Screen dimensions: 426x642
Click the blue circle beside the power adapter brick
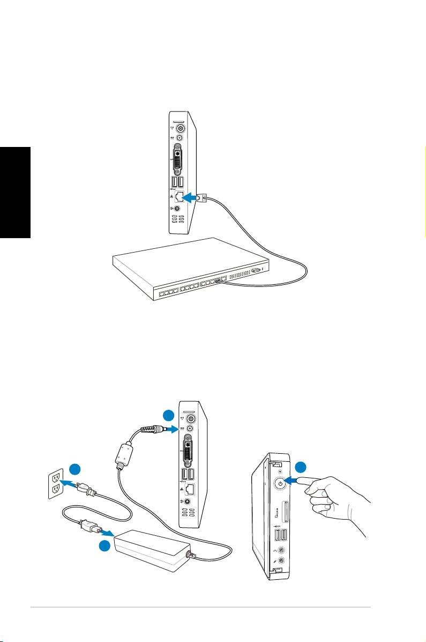pyautogui.click(x=107, y=546)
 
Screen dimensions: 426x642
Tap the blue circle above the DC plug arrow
pyautogui.click(x=169, y=416)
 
